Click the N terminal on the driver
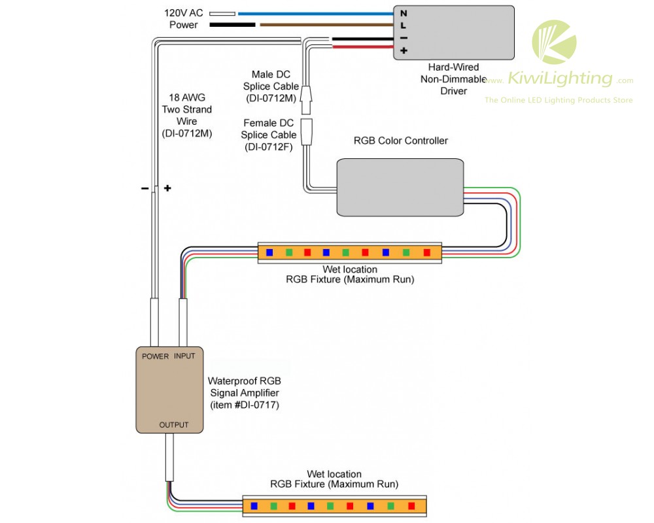[x=404, y=13]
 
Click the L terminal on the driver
[x=403, y=25]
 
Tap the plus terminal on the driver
[x=404, y=51]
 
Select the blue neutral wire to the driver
[x=316, y=14]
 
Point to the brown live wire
[x=326, y=25]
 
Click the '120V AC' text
[x=184, y=13]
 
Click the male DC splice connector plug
[x=306, y=99]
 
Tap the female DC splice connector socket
[x=307, y=132]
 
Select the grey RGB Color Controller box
[x=400, y=187]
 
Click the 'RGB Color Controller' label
[x=401, y=141]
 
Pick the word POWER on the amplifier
[x=155, y=356]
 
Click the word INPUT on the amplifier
[x=184, y=356]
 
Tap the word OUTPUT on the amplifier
[x=174, y=425]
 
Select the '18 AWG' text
[x=187, y=97]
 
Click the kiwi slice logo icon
[x=554, y=42]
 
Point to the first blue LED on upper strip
[x=269, y=252]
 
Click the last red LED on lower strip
[x=411, y=506]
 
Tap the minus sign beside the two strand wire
[x=145, y=188]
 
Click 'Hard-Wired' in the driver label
[x=453, y=67]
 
